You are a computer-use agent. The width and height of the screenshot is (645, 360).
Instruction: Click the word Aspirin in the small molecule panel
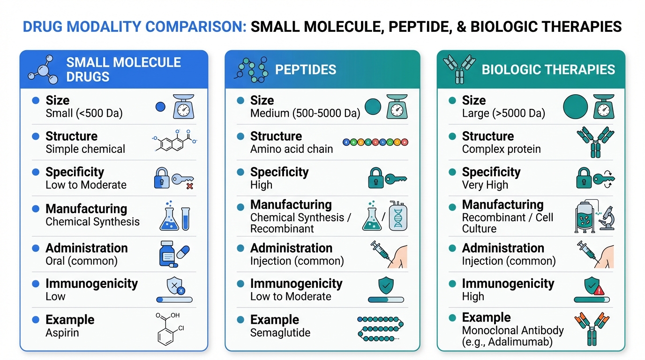(x=62, y=333)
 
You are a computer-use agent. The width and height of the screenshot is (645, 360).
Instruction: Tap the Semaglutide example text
(x=280, y=333)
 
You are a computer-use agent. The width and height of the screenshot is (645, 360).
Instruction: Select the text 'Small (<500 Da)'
(x=84, y=113)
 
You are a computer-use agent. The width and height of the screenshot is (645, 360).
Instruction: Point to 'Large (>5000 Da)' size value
(x=503, y=113)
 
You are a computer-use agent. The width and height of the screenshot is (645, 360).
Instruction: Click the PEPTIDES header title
(x=306, y=70)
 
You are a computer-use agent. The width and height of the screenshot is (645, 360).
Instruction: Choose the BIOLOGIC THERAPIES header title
(x=548, y=70)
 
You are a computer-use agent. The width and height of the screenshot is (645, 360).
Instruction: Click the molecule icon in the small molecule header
(x=43, y=69)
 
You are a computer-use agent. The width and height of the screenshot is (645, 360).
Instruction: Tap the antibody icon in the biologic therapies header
(x=459, y=69)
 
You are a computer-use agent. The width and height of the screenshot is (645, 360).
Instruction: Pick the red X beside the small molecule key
(x=189, y=186)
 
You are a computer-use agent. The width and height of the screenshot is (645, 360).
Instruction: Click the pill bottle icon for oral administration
(x=167, y=254)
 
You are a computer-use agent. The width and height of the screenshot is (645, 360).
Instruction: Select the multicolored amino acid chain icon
(x=375, y=142)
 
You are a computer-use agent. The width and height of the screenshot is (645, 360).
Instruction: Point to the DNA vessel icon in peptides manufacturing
(x=398, y=216)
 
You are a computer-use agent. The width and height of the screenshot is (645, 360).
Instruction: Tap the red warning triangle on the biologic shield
(x=599, y=290)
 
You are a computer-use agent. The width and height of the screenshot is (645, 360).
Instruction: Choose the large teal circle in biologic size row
(x=575, y=106)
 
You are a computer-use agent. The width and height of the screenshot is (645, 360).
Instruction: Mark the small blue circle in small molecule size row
(x=160, y=107)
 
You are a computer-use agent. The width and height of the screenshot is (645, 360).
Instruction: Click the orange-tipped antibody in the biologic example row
(x=592, y=329)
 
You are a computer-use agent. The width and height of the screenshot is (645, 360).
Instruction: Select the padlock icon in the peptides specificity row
(x=376, y=178)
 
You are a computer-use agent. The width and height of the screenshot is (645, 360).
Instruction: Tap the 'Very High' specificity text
(x=485, y=185)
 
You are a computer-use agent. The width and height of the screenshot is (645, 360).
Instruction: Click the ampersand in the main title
(x=461, y=27)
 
